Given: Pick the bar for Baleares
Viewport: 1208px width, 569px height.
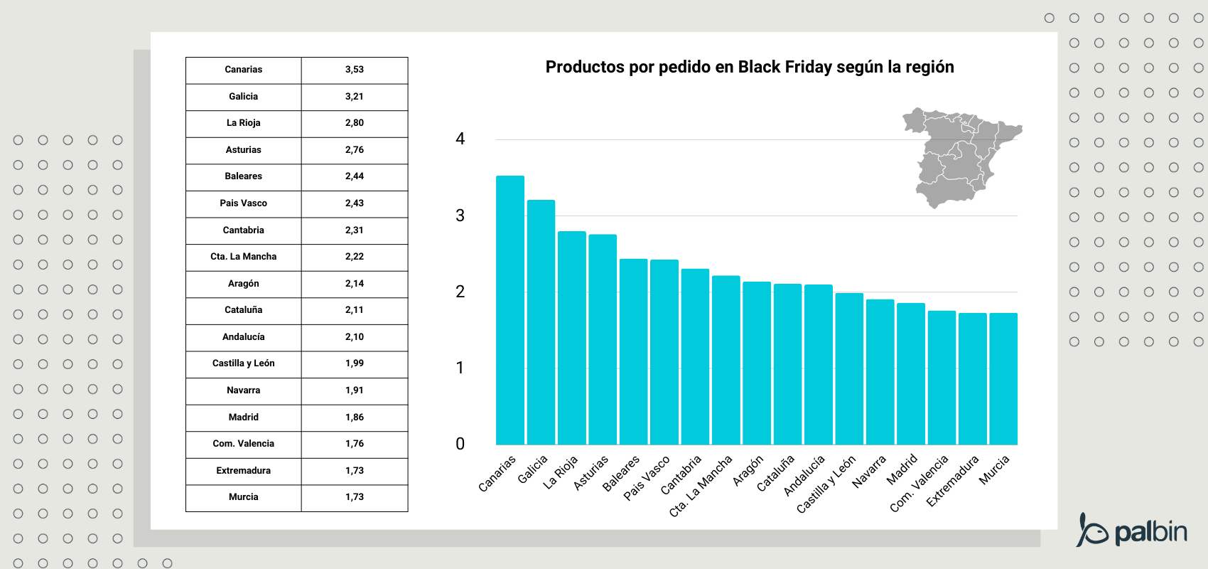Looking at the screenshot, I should (x=633, y=351).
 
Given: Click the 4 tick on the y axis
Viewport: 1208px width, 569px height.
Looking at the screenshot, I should (x=460, y=139).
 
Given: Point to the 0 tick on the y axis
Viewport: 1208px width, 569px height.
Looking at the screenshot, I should (x=460, y=445).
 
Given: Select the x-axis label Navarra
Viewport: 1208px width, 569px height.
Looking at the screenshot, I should (x=869, y=472).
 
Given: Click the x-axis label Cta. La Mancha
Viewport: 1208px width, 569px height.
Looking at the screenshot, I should (x=701, y=486).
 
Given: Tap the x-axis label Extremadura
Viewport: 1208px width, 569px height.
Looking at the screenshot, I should (x=952, y=481).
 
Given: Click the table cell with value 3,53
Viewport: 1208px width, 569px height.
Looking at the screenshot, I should (x=354, y=70).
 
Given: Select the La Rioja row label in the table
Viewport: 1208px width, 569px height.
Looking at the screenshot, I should (x=243, y=123).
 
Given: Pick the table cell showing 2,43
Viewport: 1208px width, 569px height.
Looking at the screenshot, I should (x=354, y=203).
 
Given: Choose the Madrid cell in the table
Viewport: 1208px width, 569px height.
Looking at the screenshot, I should (x=243, y=418).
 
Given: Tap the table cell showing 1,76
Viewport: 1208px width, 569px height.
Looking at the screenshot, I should (x=354, y=444).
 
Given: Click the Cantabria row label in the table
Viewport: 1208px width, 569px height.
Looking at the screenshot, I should (x=243, y=230).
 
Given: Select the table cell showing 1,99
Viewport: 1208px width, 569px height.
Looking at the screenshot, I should (x=354, y=363).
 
